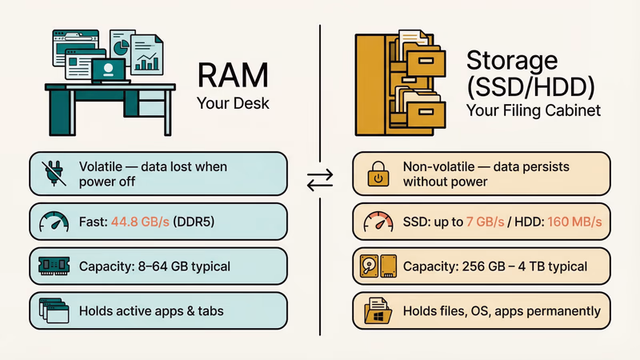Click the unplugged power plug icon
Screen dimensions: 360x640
pyautogui.click(x=53, y=172)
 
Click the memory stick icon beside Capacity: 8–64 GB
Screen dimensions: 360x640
pyautogui.click(x=53, y=265)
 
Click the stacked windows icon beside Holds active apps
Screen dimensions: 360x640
pyautogui.click(x=53, y=310)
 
